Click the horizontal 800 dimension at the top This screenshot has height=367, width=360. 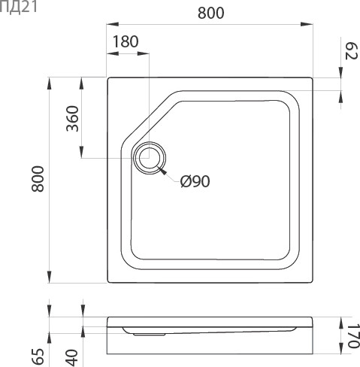pos(211,13)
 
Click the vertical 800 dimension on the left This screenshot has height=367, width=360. pos(38,179)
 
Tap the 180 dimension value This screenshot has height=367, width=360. pos(126,41)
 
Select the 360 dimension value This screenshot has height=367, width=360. pos(72,119)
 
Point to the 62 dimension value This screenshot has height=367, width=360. pos(351,51)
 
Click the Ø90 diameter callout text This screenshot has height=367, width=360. pos(195,181)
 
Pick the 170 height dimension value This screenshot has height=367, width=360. pos(353,336)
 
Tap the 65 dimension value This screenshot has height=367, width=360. pos(38,356)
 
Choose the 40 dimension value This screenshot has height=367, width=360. pos(71,358)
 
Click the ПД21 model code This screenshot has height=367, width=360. pos(18,7)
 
